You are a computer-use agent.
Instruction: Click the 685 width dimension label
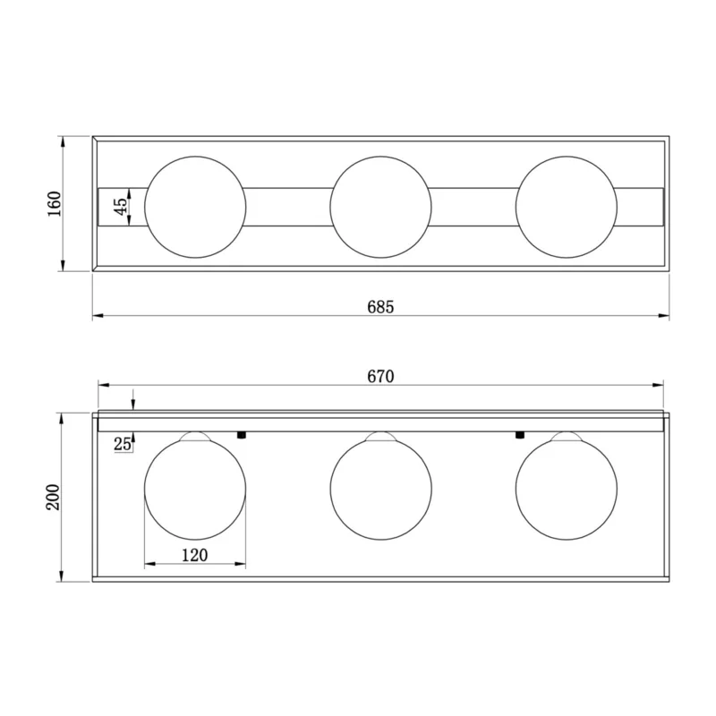pyautogui.click(x=380, y=307)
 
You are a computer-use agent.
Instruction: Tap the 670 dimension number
pyautogui.click(x=380, y=377)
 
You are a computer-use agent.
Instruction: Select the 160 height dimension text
pyautogui.click(x=55, y=204)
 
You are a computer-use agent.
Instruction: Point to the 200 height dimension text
pyautogui.click(x=53, y=498)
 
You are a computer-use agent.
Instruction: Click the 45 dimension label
pyautogui.click(x=121, y=207)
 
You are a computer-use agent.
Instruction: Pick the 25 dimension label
pyautogui.click(x=123, y=443)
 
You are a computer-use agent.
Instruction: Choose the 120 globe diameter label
pyautogui.click(x=194, y=555)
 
